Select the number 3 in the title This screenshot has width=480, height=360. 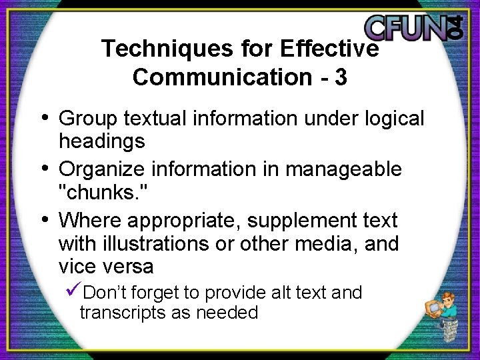tap(341, 77)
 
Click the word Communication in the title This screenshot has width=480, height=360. tap(217, 77)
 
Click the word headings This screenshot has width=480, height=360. tap(101, 141)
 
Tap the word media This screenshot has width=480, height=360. tap(322, 244)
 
